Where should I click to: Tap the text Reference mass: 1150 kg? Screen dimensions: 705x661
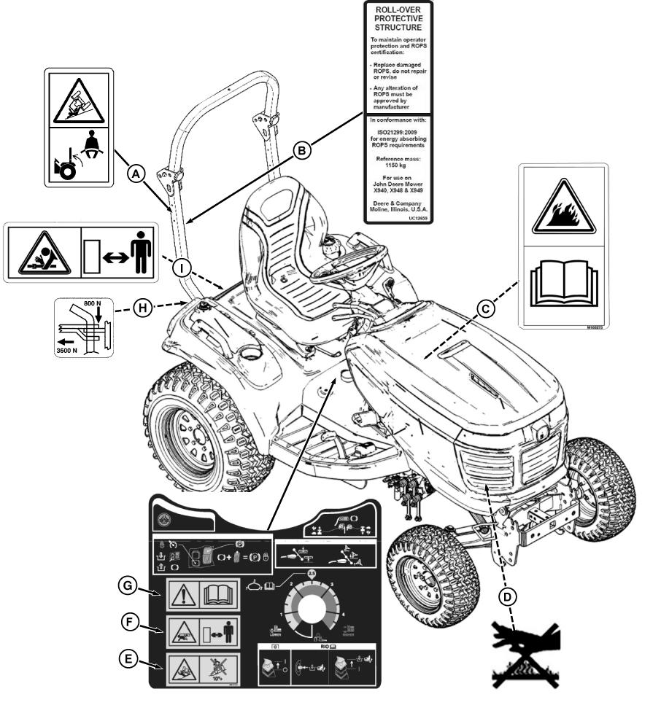398,161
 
